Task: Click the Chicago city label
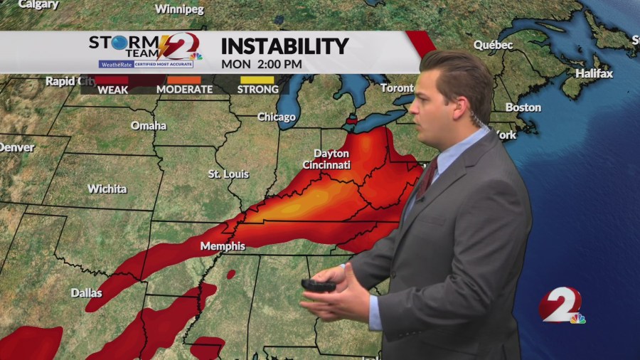point(276,117)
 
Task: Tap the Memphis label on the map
point(223,246)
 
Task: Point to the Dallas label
point(86,292)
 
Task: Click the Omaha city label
point(149,125)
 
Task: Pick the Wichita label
point(107,189)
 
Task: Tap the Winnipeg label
point(179,9)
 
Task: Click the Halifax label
point(594,73)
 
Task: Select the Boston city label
point(523,107)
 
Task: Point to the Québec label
point(494,45)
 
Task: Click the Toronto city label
point(397,88)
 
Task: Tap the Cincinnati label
point(326,164)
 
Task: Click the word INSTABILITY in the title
point(284,46)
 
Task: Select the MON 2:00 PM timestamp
point(261,64)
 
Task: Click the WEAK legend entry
point(112,90)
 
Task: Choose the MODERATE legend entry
point(184,90)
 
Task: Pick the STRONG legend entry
point(257,90)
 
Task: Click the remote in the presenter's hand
point(318,285)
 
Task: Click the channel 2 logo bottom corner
point(562,306)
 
